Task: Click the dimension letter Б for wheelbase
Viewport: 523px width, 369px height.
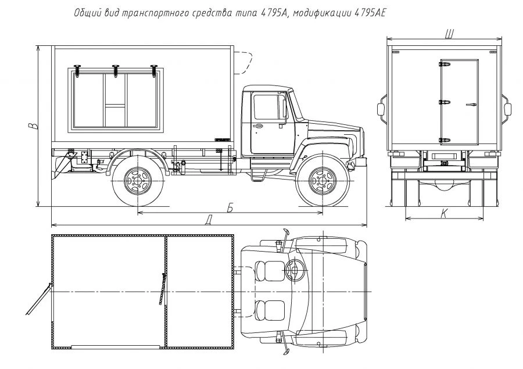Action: [x=230, y=209]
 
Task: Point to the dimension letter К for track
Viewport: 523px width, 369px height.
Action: [x=444, y=214]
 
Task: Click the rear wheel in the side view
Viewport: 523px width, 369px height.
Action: [x=137, y=181]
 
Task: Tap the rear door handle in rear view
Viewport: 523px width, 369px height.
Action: [x=470, y=105]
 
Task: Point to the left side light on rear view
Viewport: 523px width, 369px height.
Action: [x=382, y=109]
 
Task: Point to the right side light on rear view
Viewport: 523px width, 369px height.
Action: [x=508, y=109]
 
